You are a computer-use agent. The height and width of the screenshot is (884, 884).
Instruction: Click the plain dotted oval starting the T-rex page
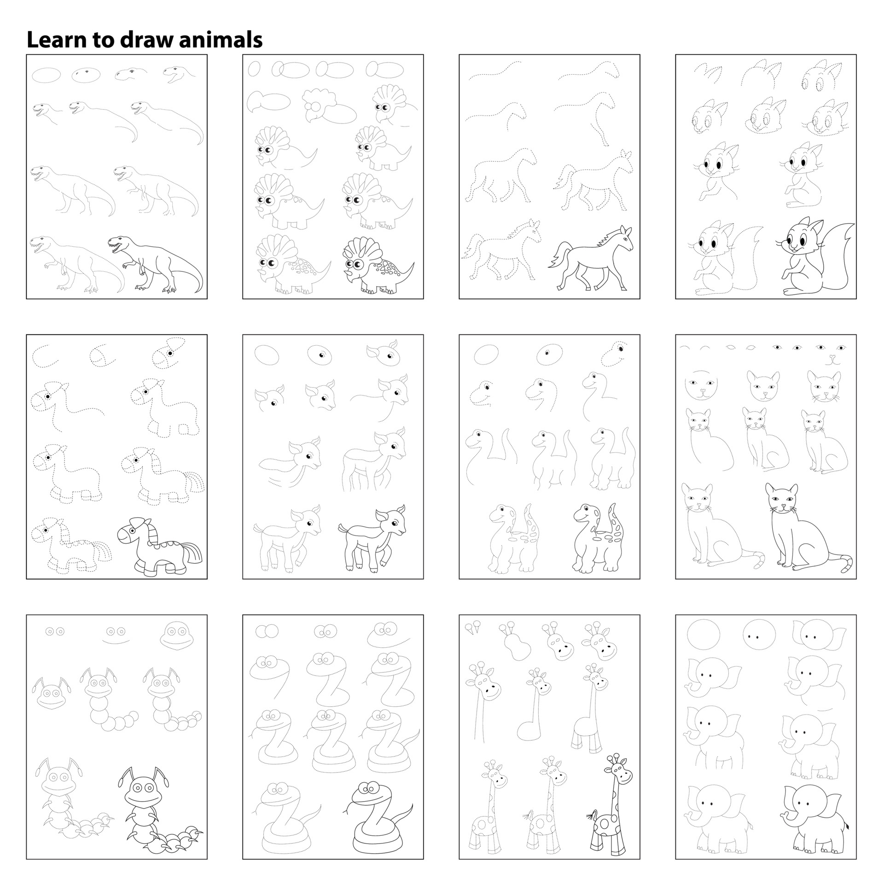tap(46, 74)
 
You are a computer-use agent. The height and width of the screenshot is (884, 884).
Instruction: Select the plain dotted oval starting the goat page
tap(267, 355)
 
